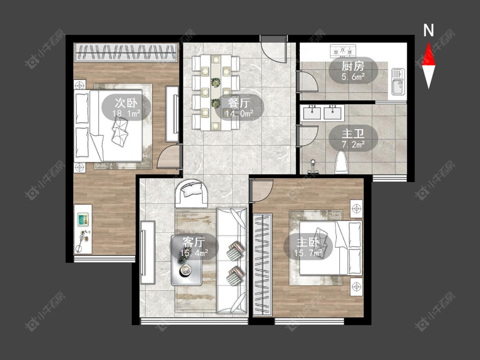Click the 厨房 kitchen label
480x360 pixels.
click(353, 66)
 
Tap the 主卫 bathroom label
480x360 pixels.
click(353, 134)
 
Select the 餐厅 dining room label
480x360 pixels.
click(239, 103)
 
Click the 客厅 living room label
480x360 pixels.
click(193, 242)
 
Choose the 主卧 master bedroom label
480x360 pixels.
click(308, 242)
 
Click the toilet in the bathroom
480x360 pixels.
click(342, 162)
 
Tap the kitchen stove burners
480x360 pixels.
click(343, 50)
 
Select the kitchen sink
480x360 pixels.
click(398, 82)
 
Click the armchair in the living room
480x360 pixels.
click(192, 194)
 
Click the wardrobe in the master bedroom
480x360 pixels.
click(262, 265)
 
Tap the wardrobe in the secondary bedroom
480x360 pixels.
click(126, 52)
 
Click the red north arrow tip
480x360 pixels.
click(428, 43)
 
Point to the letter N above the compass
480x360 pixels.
click(428, 30)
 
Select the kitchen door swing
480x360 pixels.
click(307, 81)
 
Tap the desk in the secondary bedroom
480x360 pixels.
click(83, 229)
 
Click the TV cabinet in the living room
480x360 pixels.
click(148, 253)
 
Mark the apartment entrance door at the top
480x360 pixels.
click(273, 49)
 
